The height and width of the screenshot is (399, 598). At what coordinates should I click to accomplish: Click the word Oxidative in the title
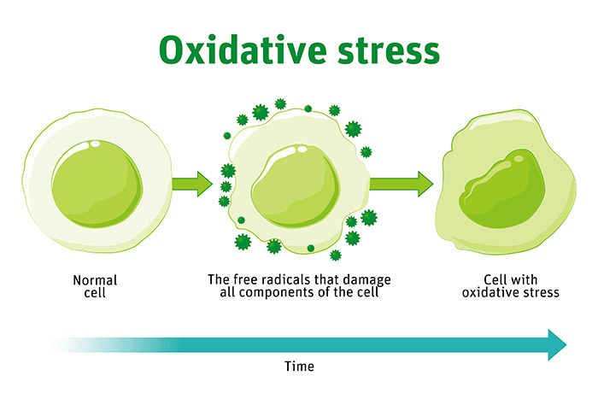tap(243, 50)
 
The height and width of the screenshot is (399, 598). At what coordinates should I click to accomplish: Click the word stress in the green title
tap(389, 51)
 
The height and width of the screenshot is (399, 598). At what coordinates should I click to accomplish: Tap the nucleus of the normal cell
tap(97, 184)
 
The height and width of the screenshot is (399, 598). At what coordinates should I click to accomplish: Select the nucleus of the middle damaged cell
tap(296, 185)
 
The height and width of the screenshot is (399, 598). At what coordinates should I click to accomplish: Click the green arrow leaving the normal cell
tap(192, 184)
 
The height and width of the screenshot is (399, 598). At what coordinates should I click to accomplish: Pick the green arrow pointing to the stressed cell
tap(402, 184)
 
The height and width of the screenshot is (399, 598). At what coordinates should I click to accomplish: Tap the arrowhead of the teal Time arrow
tap(557, 344)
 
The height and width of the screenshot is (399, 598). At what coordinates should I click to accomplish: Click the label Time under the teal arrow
tap(299, 367)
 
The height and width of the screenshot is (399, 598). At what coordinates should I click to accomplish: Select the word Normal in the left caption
tap(95, 280)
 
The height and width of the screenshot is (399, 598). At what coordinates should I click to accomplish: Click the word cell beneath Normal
tap(95, 293)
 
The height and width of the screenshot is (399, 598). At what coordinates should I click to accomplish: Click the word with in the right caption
tap(525, 280)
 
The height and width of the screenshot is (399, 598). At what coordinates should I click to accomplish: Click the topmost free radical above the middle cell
tap(280, 103)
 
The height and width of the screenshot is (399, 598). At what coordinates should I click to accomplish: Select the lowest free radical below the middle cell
tap(336, 255)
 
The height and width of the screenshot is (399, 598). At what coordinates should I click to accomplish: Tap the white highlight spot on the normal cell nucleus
tap(94, 144)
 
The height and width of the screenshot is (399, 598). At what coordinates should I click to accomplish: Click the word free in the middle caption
tap(241, 279)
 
